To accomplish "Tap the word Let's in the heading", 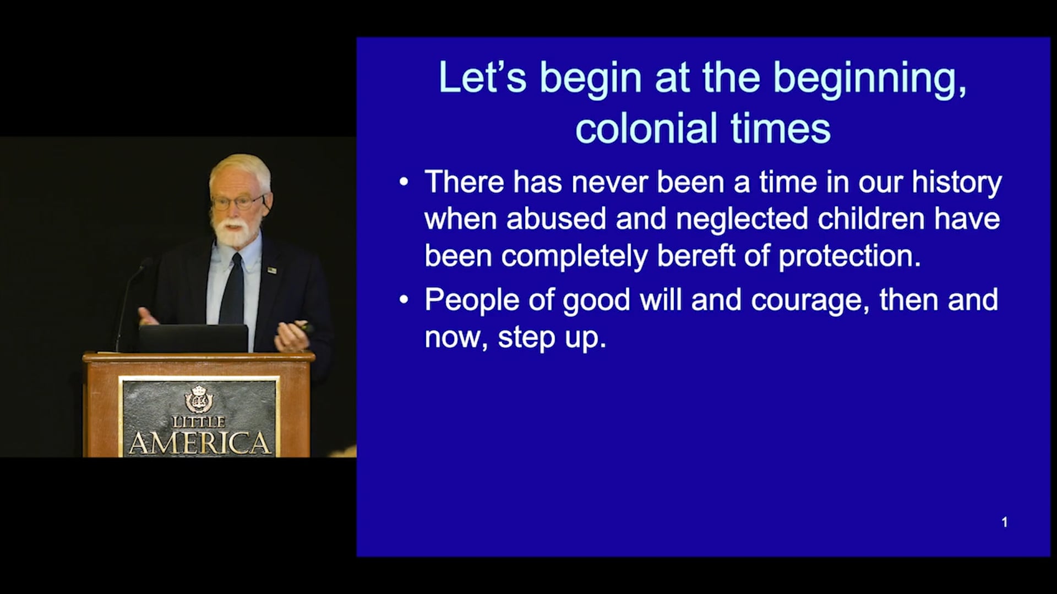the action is [x=482, y=78].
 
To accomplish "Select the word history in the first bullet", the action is [x=957, y=183].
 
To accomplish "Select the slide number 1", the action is [x=1005, y=522].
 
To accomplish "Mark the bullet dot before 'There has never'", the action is [x=404, y=182].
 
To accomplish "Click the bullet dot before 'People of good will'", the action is [x=404, y=300].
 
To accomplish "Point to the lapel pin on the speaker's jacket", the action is [x=271, y=269].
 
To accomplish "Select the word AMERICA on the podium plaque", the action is [x=199, y=443].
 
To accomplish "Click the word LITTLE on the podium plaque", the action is [x=199, y=422].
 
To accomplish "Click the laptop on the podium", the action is [x=193, y=338].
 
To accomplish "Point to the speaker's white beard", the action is [x=234, y=232].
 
